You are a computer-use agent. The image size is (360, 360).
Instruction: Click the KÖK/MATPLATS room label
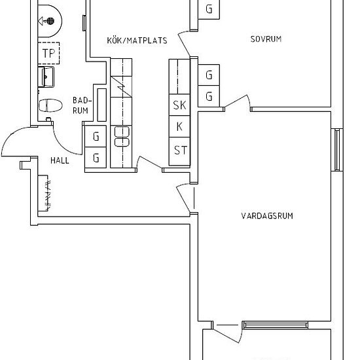tap(137, 41)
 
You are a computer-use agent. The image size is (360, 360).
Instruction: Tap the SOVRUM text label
tap(266, 39)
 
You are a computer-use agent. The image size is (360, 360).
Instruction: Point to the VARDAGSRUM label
tap(267, 216)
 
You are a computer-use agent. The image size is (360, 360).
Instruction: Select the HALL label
tap(60, 160)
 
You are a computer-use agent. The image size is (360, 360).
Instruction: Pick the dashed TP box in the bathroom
tap(48, 53)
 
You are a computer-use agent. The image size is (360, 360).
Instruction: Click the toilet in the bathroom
tap(50, 105)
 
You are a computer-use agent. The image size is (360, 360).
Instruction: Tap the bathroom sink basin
tap(46, 77)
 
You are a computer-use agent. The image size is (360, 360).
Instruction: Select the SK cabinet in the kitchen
tap(179, 105)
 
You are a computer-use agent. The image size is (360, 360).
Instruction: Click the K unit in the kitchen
tap(179, 126)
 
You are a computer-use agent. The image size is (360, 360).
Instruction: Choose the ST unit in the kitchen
tap(179, 151)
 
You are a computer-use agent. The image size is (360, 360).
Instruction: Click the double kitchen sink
tap(122, 136)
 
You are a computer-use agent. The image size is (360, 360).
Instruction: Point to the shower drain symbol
tap(50, 21)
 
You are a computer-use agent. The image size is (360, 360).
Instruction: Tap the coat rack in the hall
tap(44, 193)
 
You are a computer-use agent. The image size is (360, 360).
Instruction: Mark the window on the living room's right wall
tap(337, 150)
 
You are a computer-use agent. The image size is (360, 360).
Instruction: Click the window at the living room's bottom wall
tap(276, 325)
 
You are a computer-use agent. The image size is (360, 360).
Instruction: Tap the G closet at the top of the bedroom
tap(209, 9)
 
